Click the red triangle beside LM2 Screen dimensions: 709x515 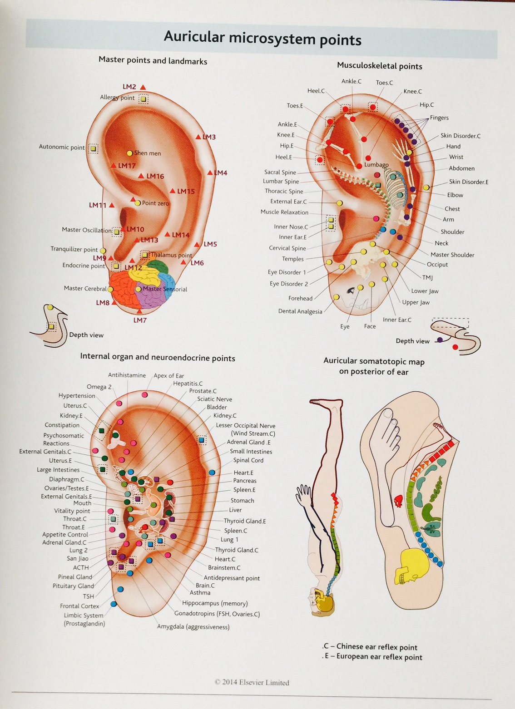coord(143,87)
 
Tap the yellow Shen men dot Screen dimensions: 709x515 coord(130,153)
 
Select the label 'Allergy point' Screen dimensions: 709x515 coord(117,98)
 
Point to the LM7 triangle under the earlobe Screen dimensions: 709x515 coord(139,311)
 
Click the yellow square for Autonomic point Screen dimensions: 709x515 coord(93,148)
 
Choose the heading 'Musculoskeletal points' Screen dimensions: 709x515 coord(379,66)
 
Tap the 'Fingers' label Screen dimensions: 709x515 coord(439,118)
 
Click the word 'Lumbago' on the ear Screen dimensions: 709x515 coord(376,165)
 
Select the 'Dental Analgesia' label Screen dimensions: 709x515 coord(300,311)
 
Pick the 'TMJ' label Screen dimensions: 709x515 coord(427,277)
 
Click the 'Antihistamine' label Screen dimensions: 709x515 coord(127,375)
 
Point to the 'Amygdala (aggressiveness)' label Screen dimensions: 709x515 coord(193,627)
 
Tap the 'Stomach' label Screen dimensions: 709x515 coord(242,501)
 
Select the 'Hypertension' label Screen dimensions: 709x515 coord(77,396)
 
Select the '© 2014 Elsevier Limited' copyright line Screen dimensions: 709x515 coord(252,682)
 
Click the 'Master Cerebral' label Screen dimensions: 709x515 coord(85,288)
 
